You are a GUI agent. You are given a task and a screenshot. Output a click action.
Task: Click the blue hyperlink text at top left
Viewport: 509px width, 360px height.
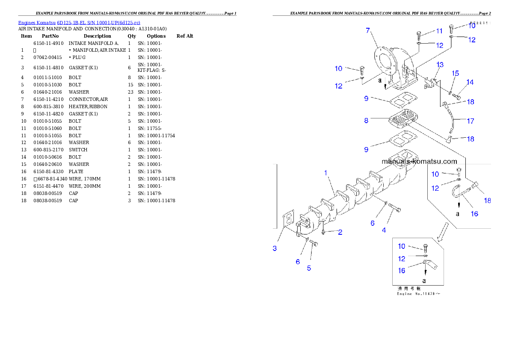[79, 23]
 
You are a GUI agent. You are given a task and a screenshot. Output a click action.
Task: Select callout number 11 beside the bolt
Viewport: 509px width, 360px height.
[439, 31]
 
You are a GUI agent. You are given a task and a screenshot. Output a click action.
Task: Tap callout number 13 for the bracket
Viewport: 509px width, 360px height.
[440, 65]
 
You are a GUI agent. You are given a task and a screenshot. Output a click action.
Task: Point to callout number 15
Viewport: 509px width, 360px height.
[456, 73]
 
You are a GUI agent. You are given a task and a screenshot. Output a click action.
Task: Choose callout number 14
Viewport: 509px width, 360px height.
[470, 82]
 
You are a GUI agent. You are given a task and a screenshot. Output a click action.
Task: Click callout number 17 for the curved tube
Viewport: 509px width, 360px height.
[471, 121]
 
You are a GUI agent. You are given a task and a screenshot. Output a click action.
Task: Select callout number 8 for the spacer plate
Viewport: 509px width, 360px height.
[366, 121]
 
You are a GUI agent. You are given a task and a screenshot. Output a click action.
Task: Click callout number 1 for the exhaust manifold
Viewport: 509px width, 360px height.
[326, 173]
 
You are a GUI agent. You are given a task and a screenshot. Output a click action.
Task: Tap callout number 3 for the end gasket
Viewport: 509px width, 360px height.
[275, 248]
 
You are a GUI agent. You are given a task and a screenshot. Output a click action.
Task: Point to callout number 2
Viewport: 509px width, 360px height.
[340, 232]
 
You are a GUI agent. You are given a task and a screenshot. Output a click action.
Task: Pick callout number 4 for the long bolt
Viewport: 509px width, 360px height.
[384, 230]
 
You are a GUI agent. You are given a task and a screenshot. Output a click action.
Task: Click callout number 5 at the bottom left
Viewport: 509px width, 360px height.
[309, 268]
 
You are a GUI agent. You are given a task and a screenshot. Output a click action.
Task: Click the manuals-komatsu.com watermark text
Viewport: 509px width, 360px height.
[419, 162]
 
